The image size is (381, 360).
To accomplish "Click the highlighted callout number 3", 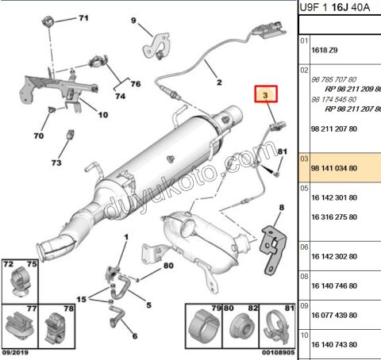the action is (x=266, y=95).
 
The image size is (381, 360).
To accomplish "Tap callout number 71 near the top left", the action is (x=83, y=18).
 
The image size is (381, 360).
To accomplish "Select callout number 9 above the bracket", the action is (x=133, y=21).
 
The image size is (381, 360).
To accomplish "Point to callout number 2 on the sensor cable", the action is (x=219, y=82).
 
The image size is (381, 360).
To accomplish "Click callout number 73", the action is (x=56, y=163).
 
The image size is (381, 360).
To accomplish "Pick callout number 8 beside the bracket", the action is (x=282, y=208).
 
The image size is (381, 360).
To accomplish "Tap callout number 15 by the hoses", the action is (x=81, y=299).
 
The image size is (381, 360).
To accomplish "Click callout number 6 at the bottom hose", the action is (x=135, y=336).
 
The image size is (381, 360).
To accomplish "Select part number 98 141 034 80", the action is (x=334, y=168).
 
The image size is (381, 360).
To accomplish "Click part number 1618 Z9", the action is (x=325, y=50).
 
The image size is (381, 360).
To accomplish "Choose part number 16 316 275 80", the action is (x=334, y=217).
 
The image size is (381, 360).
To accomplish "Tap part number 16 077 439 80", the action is (x=334, y=315).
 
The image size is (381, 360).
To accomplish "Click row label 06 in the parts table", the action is (x=304, y=247).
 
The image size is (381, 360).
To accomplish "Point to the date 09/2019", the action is (x=15, y=353).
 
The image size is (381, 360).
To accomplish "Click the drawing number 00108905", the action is (x=279, y=353).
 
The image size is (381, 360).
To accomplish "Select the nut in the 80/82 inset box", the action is (x=241, y=327).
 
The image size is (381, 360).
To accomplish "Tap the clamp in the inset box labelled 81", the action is (x=277, y=327).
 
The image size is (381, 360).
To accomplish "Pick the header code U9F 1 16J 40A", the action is (x=334, y=7).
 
